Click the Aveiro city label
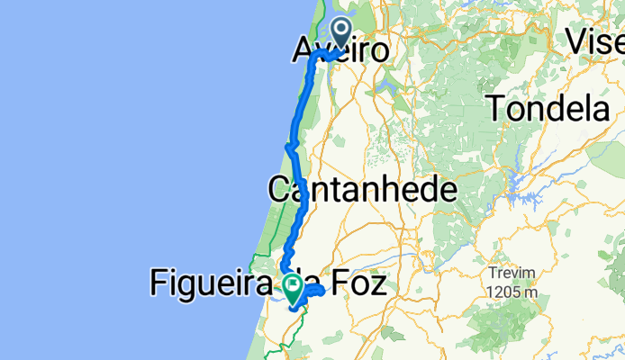(x=340, y=50)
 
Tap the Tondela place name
(x=550, y=109)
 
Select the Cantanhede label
(x=362, y=190)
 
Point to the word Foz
(x=358, y=286)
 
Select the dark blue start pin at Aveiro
(x=342, y=33)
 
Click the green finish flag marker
(x=294, y=287)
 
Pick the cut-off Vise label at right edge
(x=595, y=40)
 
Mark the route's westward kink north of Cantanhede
(x=289, y=146)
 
